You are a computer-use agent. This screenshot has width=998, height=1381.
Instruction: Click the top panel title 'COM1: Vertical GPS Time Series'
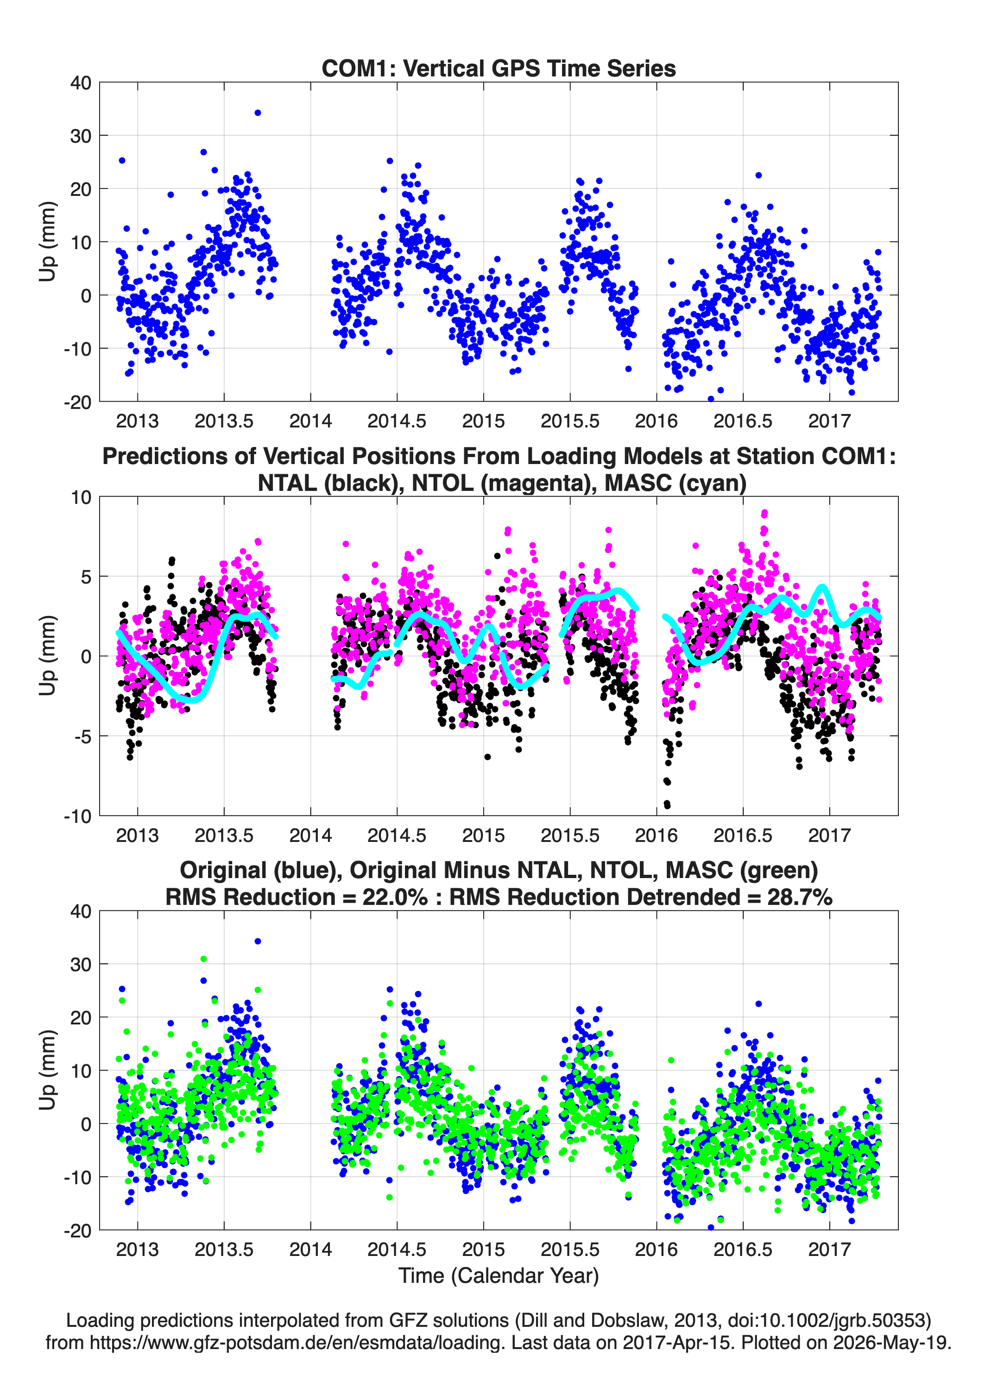(499, 68)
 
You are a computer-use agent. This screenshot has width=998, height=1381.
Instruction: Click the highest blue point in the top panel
(258, 113)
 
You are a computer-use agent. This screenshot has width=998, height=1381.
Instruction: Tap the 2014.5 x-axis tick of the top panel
(397, 421)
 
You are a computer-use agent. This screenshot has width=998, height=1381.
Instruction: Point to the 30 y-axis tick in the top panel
(81, 136)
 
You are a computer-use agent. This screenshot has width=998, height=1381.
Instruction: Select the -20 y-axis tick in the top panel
(77, 402)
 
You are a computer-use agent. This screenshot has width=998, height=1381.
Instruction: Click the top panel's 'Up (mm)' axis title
(48, 242)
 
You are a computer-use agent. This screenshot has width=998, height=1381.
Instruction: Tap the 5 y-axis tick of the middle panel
(86, 577)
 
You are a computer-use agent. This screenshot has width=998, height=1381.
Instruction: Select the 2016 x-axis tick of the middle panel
(656, 835)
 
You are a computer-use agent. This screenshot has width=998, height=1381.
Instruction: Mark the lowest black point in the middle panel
(667, 806)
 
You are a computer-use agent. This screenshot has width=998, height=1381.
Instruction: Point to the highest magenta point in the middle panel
(764, 513)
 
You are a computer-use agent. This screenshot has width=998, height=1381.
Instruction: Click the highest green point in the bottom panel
(203, 959)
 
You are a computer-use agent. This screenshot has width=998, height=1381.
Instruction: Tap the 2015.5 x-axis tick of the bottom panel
(570, 1249)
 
